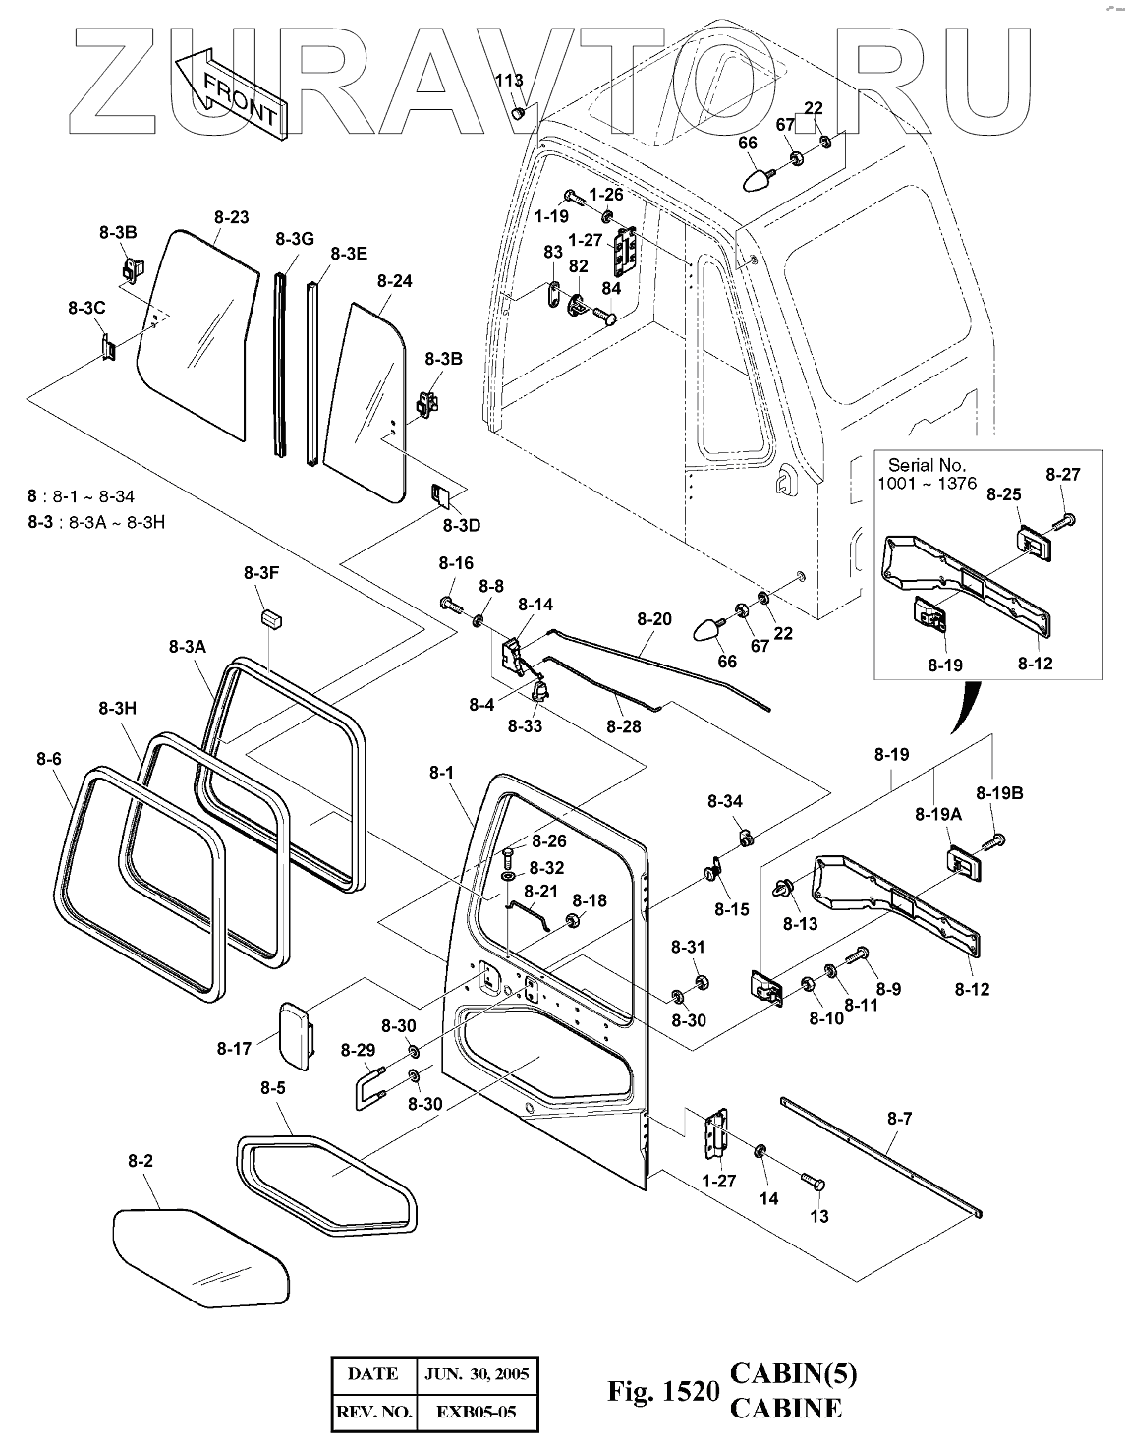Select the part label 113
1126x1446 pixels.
(x=509, y=81)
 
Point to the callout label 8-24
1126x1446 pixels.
(x=394, y=281)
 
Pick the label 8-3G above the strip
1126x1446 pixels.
(x=294, y=239)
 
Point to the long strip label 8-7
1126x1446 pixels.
(x=899, y=1118)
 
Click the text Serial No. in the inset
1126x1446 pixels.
(x=927, y=465)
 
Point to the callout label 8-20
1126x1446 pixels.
(x=654, y=619)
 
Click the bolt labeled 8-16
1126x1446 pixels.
(x=449, y=603)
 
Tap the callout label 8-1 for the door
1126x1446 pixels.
(x=441, y=774)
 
